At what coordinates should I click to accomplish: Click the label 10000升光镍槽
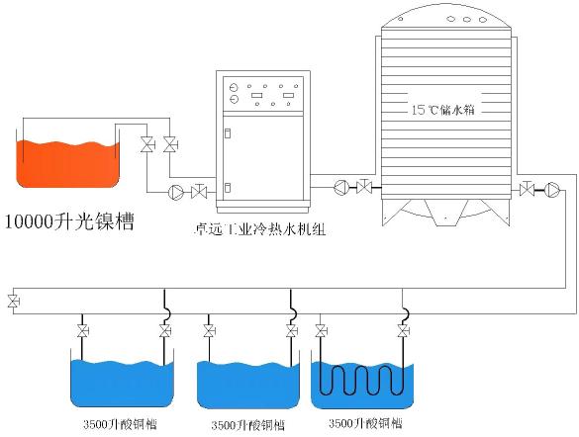pos(69,221)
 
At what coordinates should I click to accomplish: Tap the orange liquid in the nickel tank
pos(67,164)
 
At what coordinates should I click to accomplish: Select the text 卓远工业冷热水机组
pos(260,230)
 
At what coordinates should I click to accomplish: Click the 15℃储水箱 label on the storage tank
pos(442,110)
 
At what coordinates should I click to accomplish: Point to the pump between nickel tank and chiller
pos(176,192)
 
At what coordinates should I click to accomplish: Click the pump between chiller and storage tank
pos(341,187)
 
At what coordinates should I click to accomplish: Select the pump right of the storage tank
pos(552,190)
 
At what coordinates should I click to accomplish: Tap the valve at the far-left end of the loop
pos(14,302)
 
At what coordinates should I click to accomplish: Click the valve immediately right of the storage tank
pos(527,189)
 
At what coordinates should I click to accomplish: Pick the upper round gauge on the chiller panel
pos(234,88)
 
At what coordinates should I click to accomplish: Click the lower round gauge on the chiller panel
pos(234,99)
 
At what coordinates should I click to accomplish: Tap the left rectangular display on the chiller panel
pos(256,96)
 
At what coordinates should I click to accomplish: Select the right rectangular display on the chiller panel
pos(288,96)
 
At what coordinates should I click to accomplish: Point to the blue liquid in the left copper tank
pos(122,383)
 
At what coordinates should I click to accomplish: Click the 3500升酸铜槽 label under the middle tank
pos(248,425)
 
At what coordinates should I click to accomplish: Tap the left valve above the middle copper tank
pos(209,331)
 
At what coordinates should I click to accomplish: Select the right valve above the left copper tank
pos(165,331)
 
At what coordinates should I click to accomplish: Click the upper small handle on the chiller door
pos(228,132)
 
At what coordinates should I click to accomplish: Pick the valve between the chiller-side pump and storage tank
pos(365,187)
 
